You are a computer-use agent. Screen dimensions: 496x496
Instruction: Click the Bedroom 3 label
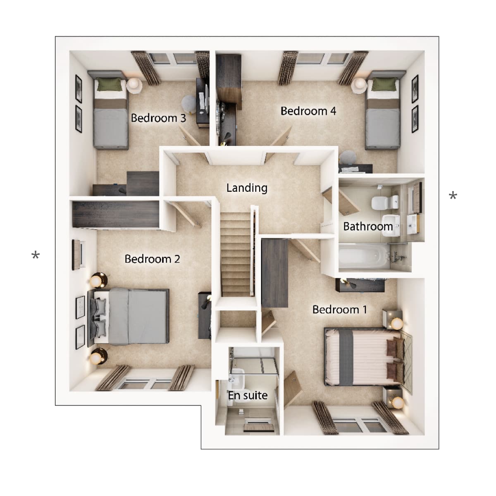click(158, 118)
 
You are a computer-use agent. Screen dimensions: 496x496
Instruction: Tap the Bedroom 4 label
click(308, 111)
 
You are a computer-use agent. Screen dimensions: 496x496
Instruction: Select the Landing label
click(247, 188)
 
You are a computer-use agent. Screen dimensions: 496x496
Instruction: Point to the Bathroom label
click(367, 227)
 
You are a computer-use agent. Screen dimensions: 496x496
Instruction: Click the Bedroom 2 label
click(152, 259)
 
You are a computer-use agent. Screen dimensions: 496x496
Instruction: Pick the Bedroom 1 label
click(339, 310)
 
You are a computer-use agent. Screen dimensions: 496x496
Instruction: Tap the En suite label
click(248, 396)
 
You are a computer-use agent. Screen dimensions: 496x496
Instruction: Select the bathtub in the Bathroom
click(364, 256)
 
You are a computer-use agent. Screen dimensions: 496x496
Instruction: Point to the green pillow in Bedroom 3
click(110, 85)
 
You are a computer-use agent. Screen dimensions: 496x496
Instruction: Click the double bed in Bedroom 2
click(132, 316)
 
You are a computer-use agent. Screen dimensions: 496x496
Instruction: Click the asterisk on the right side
click(453, 196)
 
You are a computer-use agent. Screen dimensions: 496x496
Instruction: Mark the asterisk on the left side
click(36, 256)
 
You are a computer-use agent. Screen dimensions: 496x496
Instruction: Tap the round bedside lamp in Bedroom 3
click(134, 85)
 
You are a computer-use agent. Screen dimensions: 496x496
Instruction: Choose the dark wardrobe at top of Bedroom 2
click(116, 214)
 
